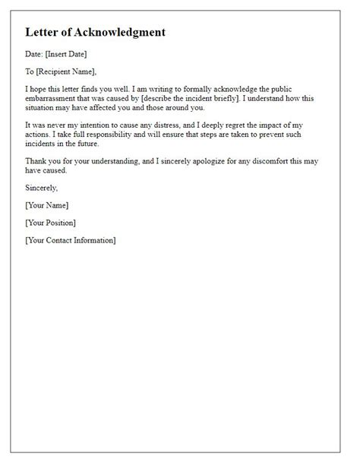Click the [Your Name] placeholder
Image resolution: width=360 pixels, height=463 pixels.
[x=46, y=205]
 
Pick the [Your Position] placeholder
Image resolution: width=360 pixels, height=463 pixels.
[x=50, y=223]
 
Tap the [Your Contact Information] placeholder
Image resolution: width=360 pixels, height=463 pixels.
[x=71, y=241]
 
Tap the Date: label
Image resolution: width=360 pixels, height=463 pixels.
[x=35, y=54]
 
